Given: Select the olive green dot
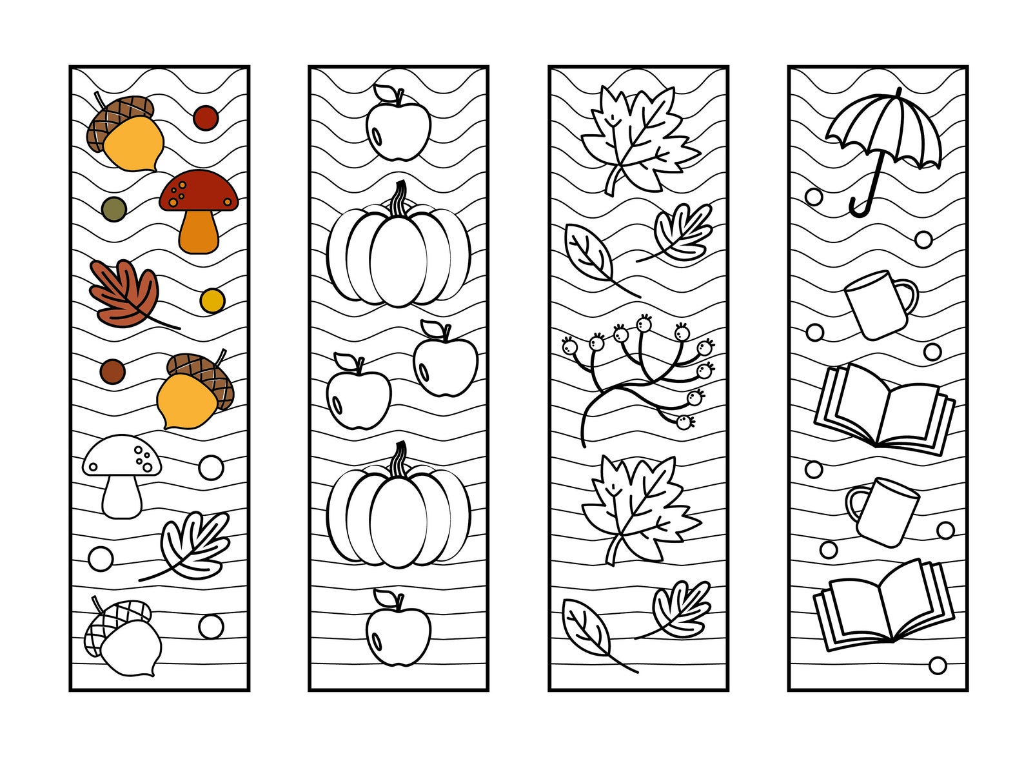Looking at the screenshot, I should [x=114, y=209].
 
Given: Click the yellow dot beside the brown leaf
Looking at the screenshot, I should [x=212, y=300].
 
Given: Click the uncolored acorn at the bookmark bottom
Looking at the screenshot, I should [x=123, y=638].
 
